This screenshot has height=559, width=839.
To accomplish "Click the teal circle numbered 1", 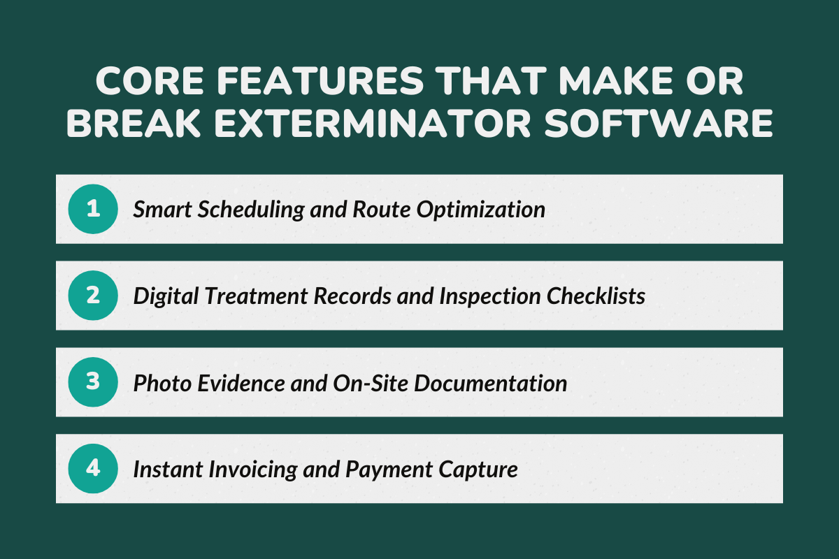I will (x=92, y=209).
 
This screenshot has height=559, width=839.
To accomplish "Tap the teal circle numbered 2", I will (x=92, y=296).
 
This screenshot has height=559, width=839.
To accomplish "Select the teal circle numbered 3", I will (x=92, y=382).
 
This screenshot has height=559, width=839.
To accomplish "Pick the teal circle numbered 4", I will (x=92, y=469).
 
